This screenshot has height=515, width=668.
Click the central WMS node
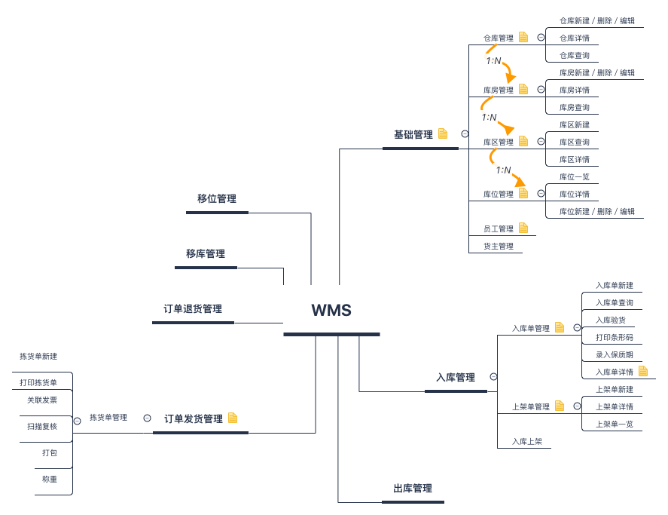(331, 311)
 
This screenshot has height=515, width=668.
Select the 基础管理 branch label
(413, 134)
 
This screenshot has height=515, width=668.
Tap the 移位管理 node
(217, 199)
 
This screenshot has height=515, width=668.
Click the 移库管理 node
(206, 254)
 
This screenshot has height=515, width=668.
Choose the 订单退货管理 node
(193, 309)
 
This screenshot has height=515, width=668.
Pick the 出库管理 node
(413, 489)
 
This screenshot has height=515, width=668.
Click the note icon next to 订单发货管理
(233, 418)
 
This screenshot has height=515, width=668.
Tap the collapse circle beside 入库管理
(493, 376)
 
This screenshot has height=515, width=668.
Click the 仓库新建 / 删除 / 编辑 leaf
(597, 21)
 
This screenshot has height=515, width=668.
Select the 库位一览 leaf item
(575, 177)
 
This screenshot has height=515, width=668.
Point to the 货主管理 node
(499, 246)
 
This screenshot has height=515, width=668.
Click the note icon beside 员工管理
(523, 228)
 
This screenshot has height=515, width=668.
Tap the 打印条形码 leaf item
(615, 337)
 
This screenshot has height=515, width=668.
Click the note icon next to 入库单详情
(642, 371)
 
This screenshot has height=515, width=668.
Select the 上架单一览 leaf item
(615, 424)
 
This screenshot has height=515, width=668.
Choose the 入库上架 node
(527, 442)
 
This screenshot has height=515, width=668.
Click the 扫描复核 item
(42, 426)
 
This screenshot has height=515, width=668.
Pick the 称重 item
(50, 479)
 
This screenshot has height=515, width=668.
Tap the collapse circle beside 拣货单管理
(147, 418)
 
